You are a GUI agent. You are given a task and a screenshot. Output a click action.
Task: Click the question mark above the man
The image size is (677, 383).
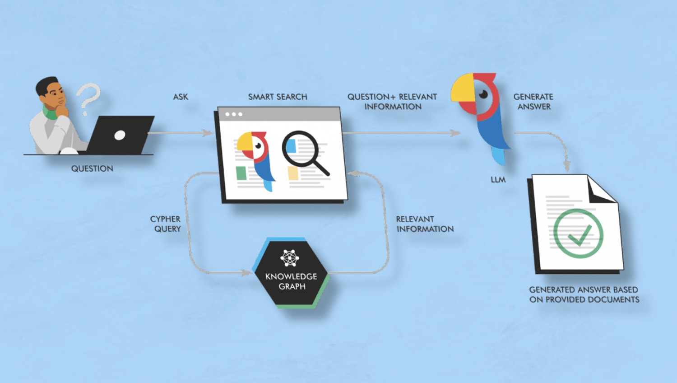click(88, 98)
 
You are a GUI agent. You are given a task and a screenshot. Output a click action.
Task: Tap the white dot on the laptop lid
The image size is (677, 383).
click(120, 135)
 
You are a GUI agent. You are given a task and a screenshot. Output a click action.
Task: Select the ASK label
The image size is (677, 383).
click(181, 97)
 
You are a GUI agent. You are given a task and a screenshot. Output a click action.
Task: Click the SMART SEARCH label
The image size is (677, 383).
click(278, 97)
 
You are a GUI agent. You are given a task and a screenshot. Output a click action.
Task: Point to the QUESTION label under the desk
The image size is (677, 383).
click(92, 168)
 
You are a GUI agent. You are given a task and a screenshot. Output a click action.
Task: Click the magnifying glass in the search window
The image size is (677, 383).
click(302, 151)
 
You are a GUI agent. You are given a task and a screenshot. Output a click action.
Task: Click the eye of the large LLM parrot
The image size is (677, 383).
click(483, 94)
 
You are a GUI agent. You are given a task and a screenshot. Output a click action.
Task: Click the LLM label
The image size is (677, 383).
click(498, 180)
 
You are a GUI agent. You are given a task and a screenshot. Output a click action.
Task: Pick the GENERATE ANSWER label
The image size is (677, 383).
click(533, 102)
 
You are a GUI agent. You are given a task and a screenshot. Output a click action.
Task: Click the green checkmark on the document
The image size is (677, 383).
click(580, 234)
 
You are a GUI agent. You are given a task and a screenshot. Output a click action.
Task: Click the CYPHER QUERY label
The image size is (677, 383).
click(166, 224)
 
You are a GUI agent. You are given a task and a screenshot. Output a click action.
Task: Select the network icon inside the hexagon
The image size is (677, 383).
click(290, 257)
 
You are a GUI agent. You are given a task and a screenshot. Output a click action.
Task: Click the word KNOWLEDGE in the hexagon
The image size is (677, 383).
click(291, 276)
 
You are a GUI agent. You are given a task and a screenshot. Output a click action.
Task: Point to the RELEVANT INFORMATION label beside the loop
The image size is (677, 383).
click(424, 224)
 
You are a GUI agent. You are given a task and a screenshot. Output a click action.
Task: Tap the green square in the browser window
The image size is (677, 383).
click(241, 173)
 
